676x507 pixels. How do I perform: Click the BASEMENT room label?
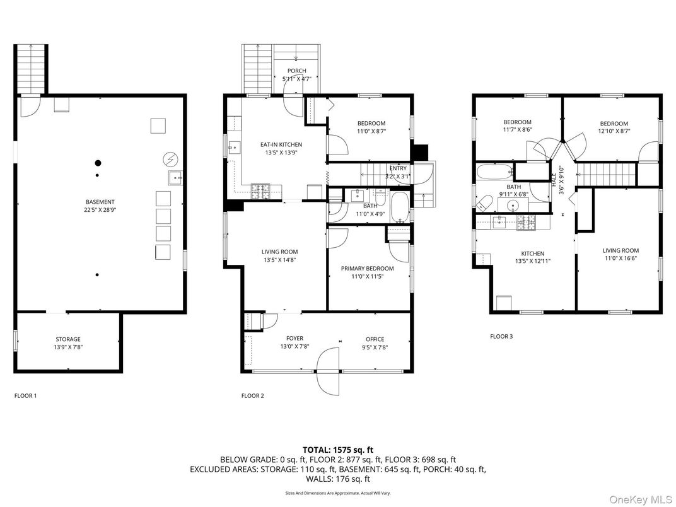coord(101,202)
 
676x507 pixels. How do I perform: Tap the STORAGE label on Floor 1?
coord(67,339)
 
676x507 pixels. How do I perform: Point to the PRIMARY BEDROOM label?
coord(367,269)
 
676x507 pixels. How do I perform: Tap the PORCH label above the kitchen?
coord(296,71)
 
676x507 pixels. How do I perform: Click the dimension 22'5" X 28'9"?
coord(101,210)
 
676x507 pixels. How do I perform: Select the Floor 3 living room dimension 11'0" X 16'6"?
coord(621,259)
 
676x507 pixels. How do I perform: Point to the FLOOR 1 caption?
coord(25,396)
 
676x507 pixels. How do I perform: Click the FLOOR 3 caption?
coord(501,337)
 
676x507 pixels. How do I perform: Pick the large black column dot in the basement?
coord(98,161)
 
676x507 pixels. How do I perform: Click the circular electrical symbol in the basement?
coord(169,158)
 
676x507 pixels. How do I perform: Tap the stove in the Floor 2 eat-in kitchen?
coord(260,189)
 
